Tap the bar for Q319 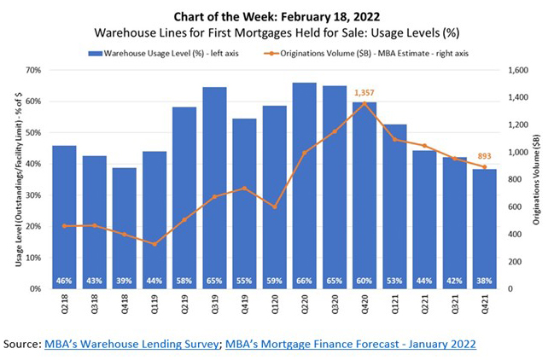pos(215,188)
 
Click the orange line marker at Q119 pos(155,244)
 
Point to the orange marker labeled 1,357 pos(365,103)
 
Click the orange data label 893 pos(486,155)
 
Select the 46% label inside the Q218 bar pos(64,281)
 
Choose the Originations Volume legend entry pos(376,52)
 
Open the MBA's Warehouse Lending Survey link pos(132,344)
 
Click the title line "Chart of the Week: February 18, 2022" pos(277,15)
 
